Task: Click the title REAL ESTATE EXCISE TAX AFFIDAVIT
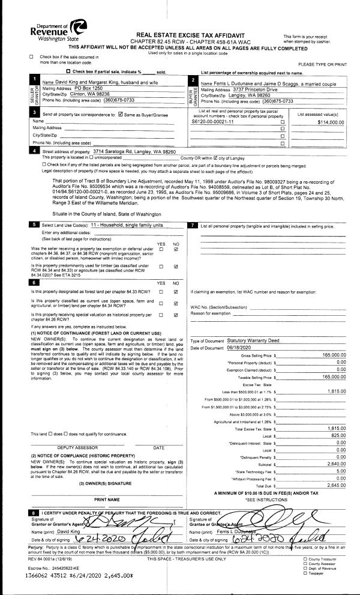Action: click(x=180, y=36)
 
